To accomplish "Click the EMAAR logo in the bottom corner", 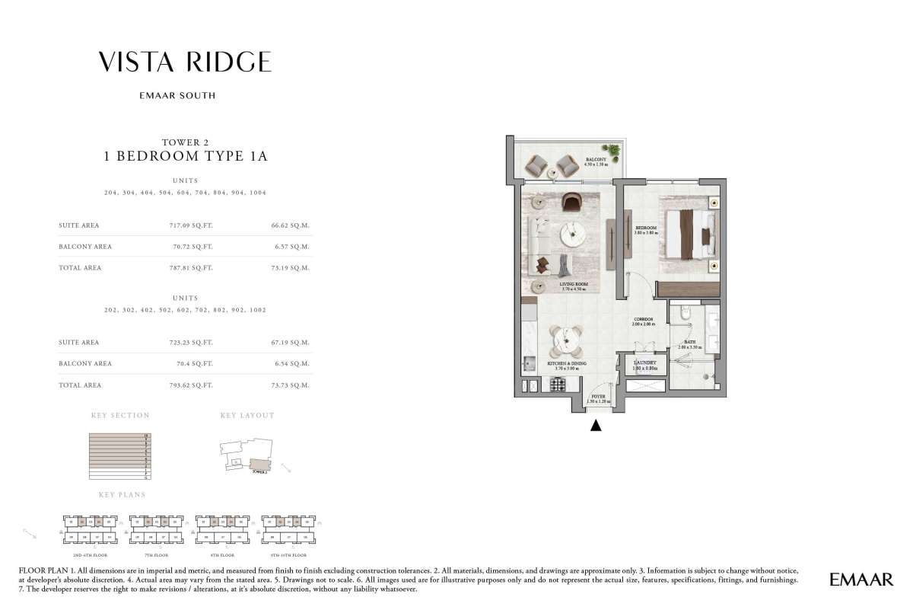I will click(x=861, y=580).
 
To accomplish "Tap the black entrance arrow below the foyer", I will click(x=596, y=426).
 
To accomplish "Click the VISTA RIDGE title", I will click(x=185, y=62).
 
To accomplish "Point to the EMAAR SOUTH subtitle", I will click(x=185, y=96).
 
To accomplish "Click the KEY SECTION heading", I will click(x=120, y=416).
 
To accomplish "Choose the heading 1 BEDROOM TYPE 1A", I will click(x=186, y=157).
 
